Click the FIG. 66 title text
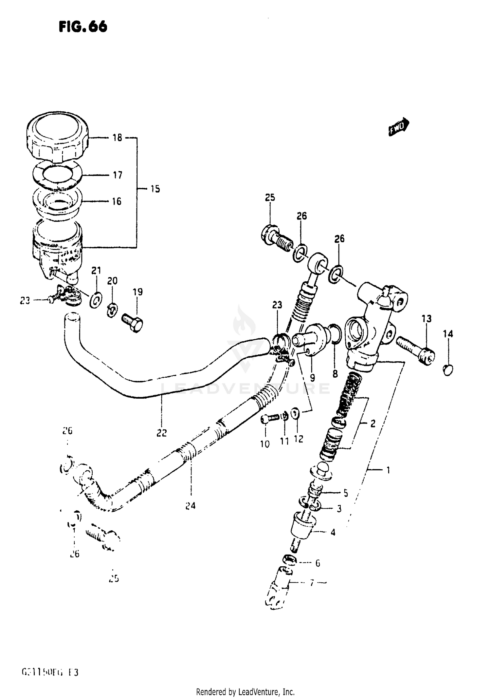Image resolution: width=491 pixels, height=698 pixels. tap(83, 27)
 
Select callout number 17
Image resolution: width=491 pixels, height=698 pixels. tap(117, 175)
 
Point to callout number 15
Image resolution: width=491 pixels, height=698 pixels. tap(155, 189)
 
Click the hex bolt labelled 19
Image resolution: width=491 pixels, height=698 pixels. tap(133, 322)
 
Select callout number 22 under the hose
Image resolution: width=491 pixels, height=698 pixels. tap(161, 433)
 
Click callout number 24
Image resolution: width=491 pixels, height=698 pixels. tap(190, 506)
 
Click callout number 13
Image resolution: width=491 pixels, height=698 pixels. tap(426, 318)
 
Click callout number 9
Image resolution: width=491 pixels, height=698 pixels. tap(312, 378)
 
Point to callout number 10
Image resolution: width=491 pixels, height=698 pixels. tap(265, 444)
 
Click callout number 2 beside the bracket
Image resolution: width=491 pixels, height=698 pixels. tap(373, 424)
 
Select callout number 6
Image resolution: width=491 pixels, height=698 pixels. tap(317, 563)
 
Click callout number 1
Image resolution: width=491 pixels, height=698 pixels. tap(388, 470)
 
